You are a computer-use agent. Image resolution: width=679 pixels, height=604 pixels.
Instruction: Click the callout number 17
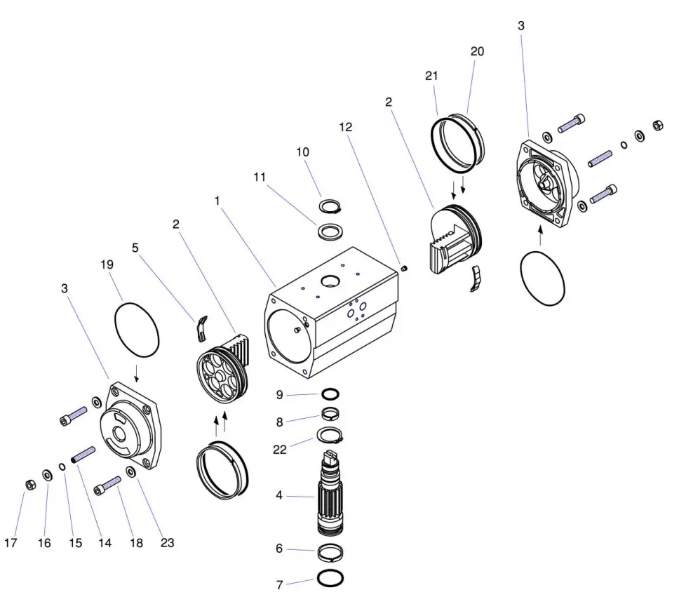tap(11, 543)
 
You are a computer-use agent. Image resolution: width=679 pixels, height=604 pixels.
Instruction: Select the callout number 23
tap(166, 542)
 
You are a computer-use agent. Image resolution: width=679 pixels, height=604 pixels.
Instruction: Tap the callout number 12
tap(345, 127)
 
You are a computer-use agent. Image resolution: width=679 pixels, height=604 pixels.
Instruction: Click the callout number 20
tap(478, 51)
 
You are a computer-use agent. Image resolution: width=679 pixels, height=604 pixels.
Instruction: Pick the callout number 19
tap(106, 264)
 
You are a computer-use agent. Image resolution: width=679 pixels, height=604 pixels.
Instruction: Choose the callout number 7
tap(279, 584)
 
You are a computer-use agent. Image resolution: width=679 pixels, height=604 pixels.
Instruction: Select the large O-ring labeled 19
tap(137, 328)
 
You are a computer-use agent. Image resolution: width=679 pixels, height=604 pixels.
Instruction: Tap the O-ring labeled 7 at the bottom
tap(330, 579)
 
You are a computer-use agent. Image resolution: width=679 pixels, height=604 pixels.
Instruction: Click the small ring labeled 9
tap(332, 394)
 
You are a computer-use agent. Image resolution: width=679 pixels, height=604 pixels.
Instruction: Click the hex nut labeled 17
tap(30, 485)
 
